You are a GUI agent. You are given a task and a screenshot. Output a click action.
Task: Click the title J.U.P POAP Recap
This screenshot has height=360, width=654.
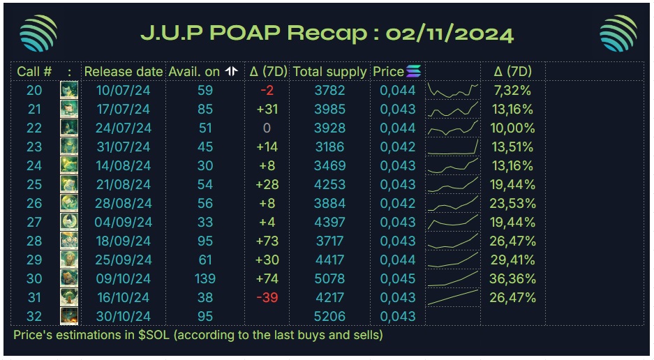click(x=327, y=33)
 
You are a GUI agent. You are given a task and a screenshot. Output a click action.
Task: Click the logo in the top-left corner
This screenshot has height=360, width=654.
click(x=38, y=33)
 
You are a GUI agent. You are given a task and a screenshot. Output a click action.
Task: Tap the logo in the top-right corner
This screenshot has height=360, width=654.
click(x=618, y=33)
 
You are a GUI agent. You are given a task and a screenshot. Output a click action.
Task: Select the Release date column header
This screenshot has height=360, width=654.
click(x=124, y=71)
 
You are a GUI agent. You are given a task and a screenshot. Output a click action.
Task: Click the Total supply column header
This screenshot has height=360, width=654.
click(x=329, y=71)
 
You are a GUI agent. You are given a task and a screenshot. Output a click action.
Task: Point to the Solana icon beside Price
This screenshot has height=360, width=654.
click(x=414, y=71)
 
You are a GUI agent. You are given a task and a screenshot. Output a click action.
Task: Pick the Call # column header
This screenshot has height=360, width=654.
click(x=34, y=71)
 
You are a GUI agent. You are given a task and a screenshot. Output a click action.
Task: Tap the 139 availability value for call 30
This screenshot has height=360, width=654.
click(x=205, y=278)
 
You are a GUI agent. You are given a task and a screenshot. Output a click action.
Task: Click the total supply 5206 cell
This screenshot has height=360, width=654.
click(x=329, y=316)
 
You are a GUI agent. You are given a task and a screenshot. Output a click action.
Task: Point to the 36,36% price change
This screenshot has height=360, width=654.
click(x=514, y=278)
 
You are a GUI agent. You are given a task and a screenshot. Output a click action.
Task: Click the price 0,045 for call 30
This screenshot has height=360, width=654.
click(x=397, y=278)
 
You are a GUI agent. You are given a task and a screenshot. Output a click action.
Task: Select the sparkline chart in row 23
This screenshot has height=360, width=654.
click(x=453, y=147)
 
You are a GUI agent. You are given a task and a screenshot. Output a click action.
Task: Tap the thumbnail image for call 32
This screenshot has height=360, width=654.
click(x=68, y=316)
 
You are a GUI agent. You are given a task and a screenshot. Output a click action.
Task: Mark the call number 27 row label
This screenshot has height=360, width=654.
click(x=34, y=222)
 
